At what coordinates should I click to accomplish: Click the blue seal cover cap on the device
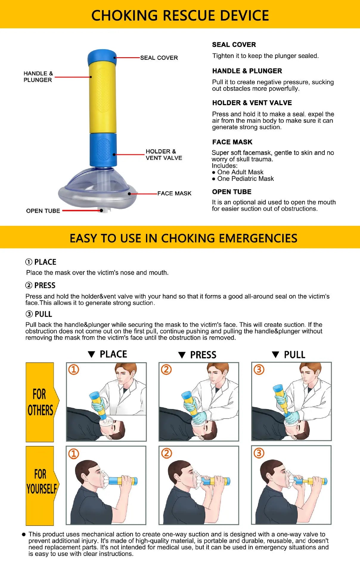click(x=102, y=55)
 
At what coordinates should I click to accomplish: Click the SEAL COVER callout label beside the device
click(x=159, y=58)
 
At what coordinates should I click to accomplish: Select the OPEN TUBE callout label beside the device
click(x=43, y=211)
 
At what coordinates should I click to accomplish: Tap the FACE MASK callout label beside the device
click(x=174, y=194)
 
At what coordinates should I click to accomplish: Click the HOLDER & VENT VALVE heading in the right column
click(x=252, y=103)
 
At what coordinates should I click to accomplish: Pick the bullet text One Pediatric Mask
click(x=245, y=179)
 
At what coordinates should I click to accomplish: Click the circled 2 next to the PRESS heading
click(x=29, y=285)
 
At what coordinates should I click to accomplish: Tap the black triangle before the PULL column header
click(x=275, y=355)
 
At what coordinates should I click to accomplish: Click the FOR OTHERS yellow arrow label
click(x=41, y=402)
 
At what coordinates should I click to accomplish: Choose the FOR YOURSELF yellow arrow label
click(x=41, y=481)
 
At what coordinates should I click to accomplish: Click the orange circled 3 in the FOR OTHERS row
click(x=259, y=370)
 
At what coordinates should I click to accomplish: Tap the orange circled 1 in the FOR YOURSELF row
click(x=74, y=454)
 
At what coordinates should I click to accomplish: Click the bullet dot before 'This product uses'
click(x=24, y=534)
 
